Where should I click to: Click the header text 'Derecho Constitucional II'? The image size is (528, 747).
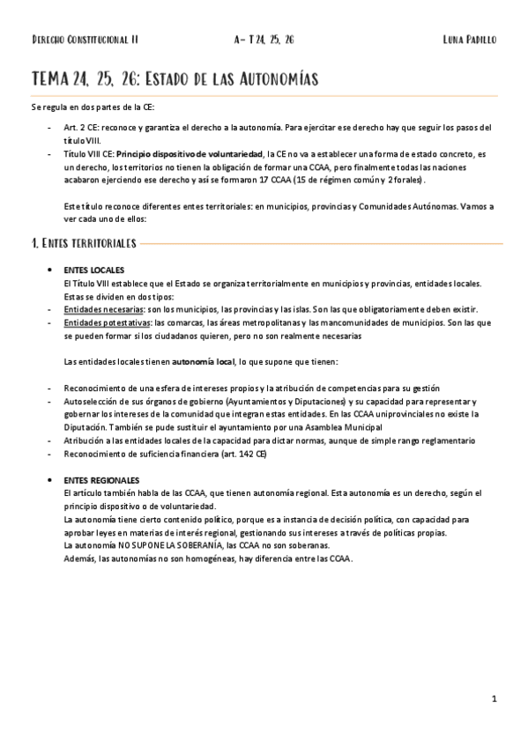pyautogui.click(x=85, y=41)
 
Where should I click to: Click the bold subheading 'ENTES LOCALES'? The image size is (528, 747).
pyautogui.click(x=94, y=269)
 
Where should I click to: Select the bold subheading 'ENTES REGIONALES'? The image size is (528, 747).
pyautogui.click(x=101, y=478)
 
